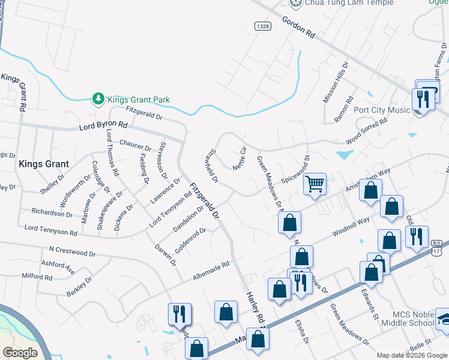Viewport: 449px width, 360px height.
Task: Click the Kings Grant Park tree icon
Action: pos(98,98)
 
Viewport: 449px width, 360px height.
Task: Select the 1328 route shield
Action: pos(262,26)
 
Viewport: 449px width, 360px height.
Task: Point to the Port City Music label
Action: pos(382,110)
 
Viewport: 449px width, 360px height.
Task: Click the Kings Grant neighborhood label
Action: pos(44,163)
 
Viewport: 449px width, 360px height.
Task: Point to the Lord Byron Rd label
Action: pos(103,127)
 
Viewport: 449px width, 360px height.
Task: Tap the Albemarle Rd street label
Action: pos(211,271)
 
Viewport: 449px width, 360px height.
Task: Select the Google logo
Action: pos(20,353)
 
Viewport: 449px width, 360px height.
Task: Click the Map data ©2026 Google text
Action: pos(412,355)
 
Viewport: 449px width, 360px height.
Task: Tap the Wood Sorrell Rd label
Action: pos(367,130)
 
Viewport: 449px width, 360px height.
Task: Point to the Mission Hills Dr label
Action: pos(335,82)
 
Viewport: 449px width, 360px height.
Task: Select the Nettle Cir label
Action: pos(240,158)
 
